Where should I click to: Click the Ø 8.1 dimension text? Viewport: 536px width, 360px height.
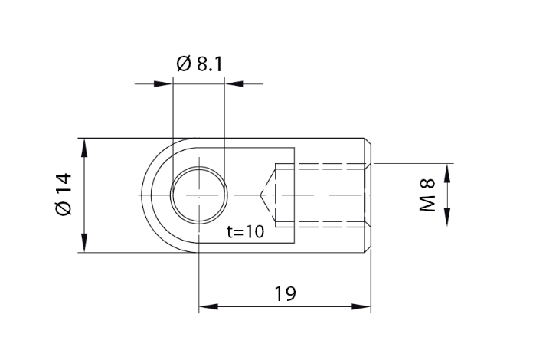pyautogui.click(x=199, y=64)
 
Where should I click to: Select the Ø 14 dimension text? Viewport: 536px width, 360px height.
pyautogui.click(x=64, y=195)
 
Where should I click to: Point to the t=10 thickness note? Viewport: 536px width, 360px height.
pyautogui.click(x=246, y=232)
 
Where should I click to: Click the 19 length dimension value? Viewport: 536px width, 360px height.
pyautogui.click(x=284, y=293)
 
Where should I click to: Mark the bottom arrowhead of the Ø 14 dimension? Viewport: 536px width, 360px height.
pyautogui.click(x=80, y=244)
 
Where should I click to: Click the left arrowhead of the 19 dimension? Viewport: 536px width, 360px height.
pyautogui.click(x=208, y=307)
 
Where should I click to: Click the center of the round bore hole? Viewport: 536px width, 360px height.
pyautogui.click(x=198, y=195)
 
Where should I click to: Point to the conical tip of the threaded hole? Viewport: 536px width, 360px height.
pyautogui.click(x=262, y=195)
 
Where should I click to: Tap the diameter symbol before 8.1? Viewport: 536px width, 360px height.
pyautogui.click(x=184, y=64)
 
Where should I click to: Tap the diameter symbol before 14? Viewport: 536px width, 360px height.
pyautogui.click(x=64, y=209)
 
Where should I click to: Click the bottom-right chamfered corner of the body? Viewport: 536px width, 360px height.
pyautogui.click(x=370, y=250)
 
